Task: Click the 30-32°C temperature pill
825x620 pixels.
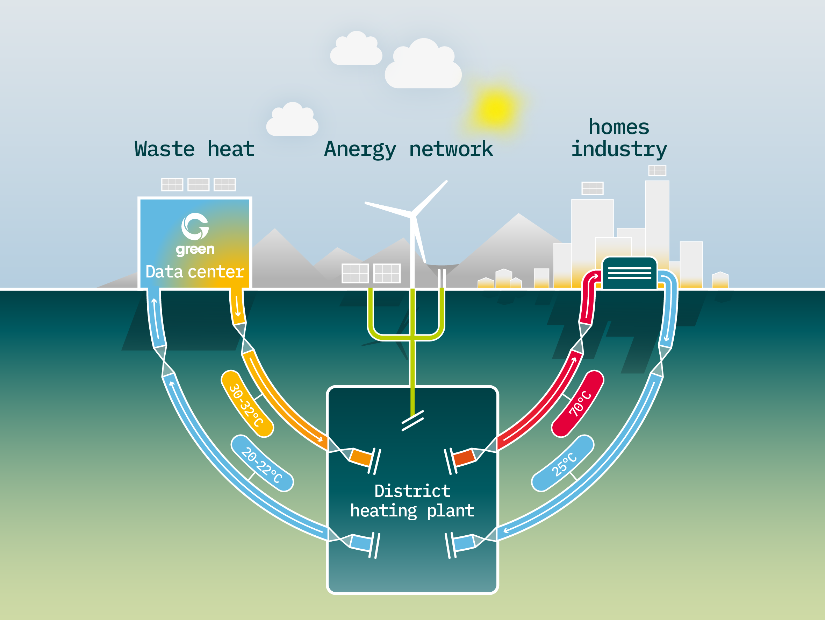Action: point(247,404)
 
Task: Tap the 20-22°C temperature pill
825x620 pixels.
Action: point(262,463)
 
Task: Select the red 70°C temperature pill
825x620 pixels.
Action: point(578,403)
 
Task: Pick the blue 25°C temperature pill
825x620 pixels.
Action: point(563,463)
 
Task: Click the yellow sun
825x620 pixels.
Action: point(495,108)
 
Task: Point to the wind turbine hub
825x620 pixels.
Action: point(412,215)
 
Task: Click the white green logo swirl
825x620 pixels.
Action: point(195,226)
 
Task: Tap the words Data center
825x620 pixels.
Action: point(195,272)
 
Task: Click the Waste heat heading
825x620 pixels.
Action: point(194,149)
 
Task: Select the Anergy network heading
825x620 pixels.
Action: point(408,149)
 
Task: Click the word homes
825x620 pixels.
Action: point(619,127)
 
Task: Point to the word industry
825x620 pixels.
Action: point(619,149)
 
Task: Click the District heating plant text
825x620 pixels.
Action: point(412,501)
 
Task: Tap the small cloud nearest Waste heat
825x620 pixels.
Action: point(292,119)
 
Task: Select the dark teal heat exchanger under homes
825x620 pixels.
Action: point(629,273)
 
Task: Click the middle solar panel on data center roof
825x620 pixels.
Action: point(198,184)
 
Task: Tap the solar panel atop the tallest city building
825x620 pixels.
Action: point(657,171)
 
